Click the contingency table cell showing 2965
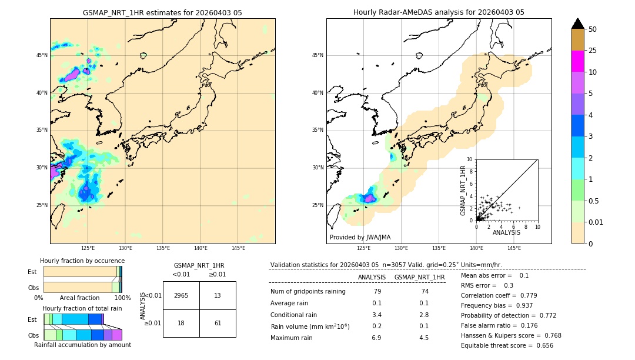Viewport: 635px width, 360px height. point(181,295)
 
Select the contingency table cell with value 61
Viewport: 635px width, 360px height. point(218,323)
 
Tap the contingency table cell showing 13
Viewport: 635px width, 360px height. point(218,295)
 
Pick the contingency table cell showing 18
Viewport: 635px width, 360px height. point(181,323)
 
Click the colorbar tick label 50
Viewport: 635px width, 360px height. point(593,29)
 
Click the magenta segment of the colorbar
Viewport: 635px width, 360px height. point(578,61)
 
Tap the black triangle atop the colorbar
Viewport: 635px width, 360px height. point(578,24)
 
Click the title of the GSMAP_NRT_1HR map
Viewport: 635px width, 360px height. point(162,12)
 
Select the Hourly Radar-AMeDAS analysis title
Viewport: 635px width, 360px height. point(439,12)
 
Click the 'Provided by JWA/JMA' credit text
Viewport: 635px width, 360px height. point(360,238)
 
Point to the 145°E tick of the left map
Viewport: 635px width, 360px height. point(238,248)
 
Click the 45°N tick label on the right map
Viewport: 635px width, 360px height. point(317,55)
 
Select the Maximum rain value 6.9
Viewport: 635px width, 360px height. point(377,338)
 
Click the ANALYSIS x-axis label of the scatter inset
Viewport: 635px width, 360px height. point(506,232)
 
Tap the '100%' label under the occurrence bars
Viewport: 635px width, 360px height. point(122,298)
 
